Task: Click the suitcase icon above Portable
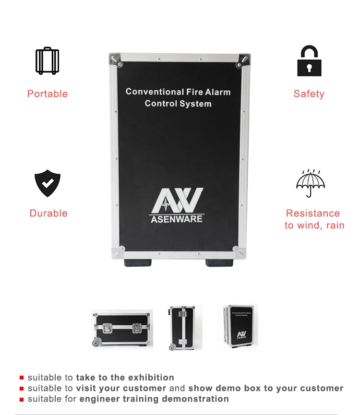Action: click(47, 61)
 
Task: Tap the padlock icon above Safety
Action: click(309, 61)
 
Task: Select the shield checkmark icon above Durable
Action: click(48, 183)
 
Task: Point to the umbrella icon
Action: click(310, 183)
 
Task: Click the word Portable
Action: click(48, 94)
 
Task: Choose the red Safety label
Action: click(309, 94)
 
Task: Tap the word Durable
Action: click(48, 213)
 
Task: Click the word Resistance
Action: click(313, 213)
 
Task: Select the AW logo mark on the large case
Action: click(177, 202)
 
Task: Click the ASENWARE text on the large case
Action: click(177, 219)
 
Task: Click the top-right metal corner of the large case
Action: click(244, 59)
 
